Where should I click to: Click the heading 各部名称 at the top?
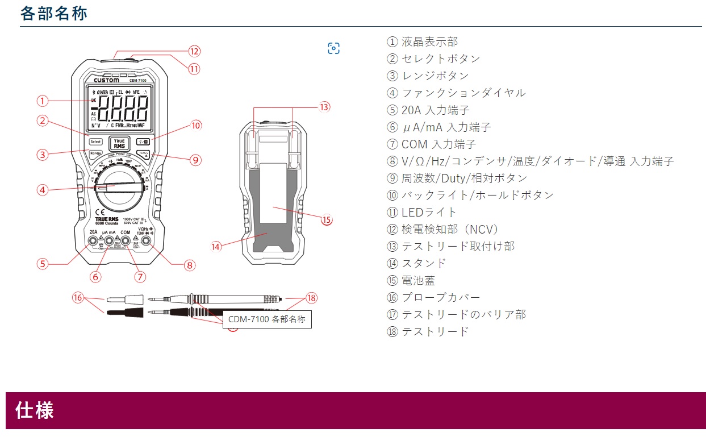(54, 14)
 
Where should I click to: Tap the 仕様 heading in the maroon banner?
(35, 410)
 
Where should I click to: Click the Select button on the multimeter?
(95, 142)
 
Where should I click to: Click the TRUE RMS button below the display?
(119, 143)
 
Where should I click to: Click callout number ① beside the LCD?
(43, 101)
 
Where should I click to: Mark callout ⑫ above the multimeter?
(194, 51)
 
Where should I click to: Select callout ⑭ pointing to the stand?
(216, 247)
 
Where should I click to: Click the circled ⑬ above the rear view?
(324, 106)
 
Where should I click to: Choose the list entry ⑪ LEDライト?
(422, 212)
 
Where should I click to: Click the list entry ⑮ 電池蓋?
(411, 280)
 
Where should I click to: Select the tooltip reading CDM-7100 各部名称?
(267, 319)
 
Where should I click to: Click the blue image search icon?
(333, 48)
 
